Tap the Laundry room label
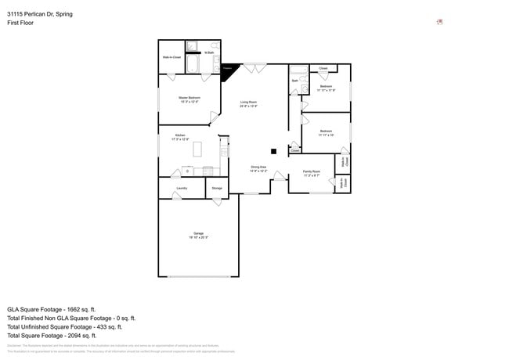click(182, 188)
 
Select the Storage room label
click(217, 188)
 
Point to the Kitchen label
click(180, 137)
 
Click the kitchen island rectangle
click(197, 148)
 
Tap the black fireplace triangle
click(227, 70)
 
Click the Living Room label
click(248, 103)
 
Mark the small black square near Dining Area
click(273, 151)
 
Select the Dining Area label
click(258, 168)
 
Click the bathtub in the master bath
click(193, 63)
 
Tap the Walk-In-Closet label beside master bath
click(171, 57)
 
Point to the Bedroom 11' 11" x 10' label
click(326, 132)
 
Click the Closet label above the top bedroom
click(323, 69)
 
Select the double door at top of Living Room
click(254, 69)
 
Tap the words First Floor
click(20, 23)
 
